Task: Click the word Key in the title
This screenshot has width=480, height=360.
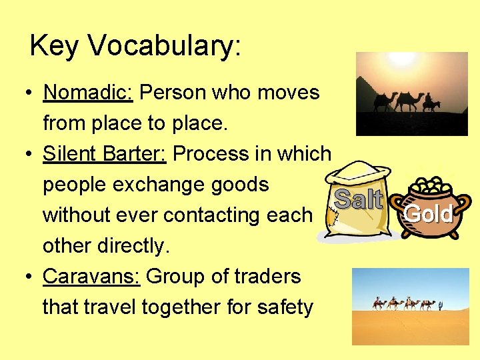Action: tap(55, 47)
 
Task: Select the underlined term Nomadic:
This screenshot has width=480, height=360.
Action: tap(88, 92)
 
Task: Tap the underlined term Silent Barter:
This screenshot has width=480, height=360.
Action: tap(105, 153)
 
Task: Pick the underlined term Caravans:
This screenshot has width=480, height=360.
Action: tap(91, 276)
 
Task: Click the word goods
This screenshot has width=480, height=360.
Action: tap(235, 184)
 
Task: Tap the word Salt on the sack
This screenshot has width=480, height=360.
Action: tap(358, 199)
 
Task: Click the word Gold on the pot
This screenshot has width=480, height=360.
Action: tap(428, 214)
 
